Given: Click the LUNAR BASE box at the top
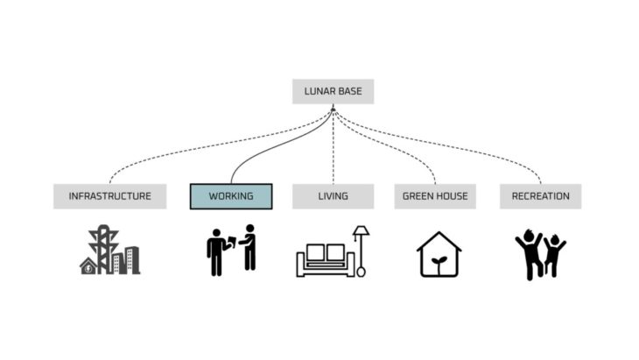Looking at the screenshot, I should point(333,92).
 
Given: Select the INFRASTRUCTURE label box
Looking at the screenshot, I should point(109,196).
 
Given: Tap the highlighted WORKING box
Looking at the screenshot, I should point(231,196).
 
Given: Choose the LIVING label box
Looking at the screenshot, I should point(333,196).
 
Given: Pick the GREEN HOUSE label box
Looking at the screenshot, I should point(434,196).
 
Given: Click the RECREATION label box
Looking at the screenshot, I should point(540,196).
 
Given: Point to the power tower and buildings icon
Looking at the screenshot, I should point(109,252).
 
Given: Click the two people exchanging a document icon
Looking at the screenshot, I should point(231,252).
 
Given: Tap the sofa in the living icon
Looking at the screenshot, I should point(325,260).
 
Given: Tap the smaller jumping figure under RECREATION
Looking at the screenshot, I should point(553,256).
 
